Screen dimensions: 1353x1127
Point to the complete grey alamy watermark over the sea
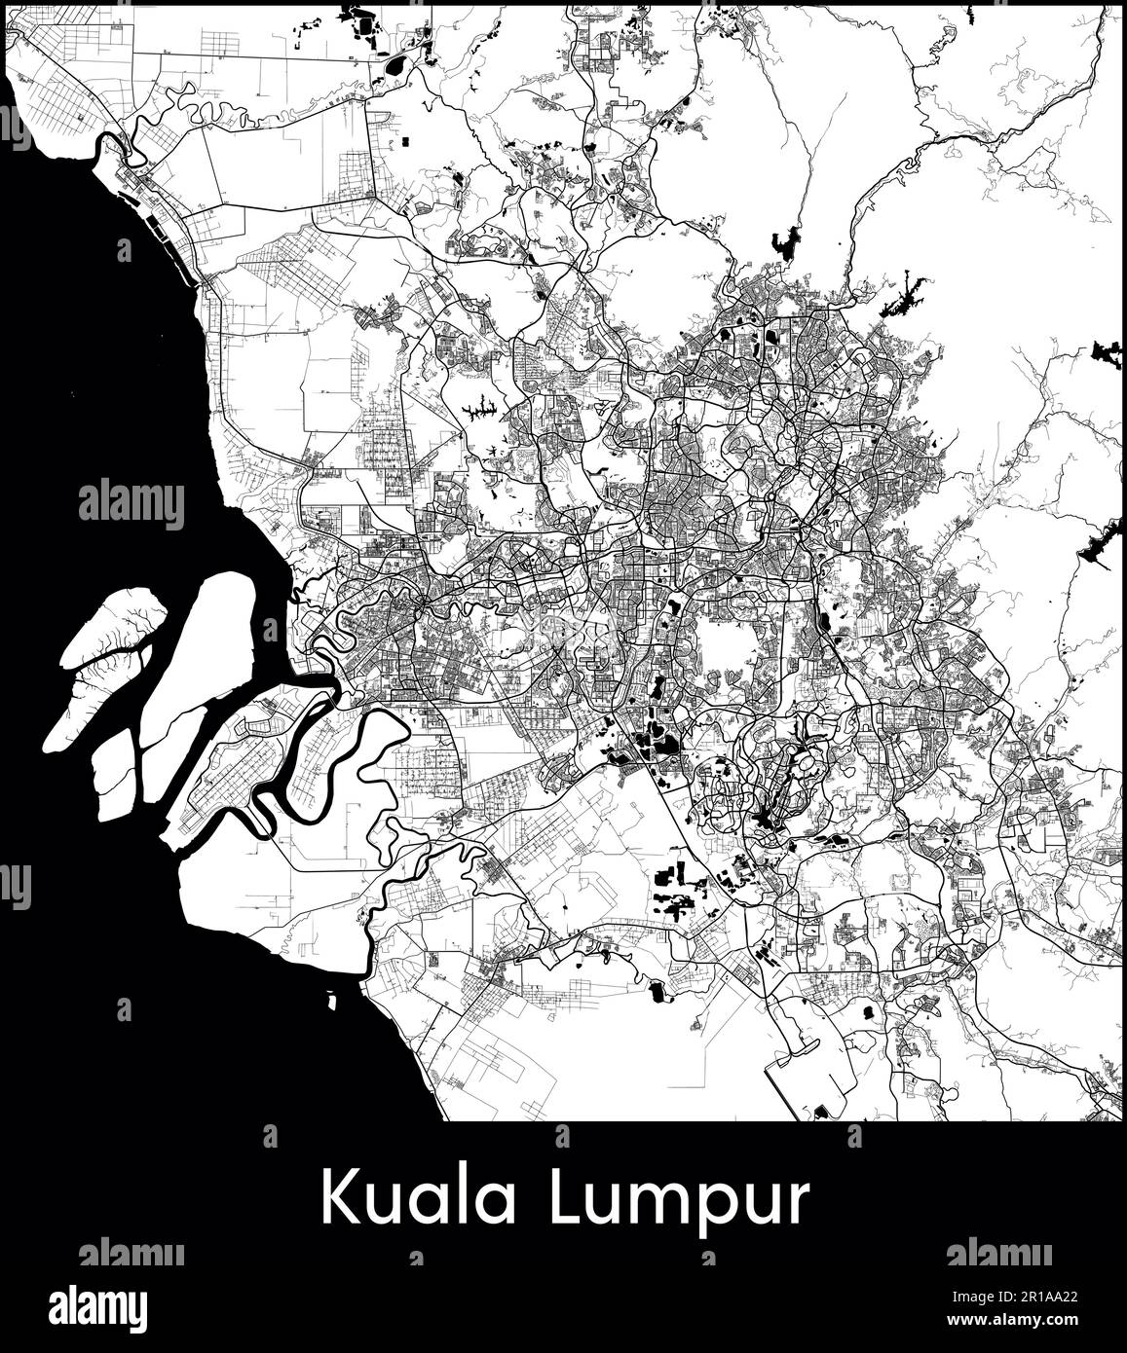coord(131,505)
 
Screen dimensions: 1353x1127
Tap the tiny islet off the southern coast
coord(332,1000)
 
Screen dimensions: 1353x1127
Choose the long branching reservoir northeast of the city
coord(904,294)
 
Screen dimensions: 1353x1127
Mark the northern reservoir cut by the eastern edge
coord(1108,353)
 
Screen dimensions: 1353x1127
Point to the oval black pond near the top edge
coord(395,66)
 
